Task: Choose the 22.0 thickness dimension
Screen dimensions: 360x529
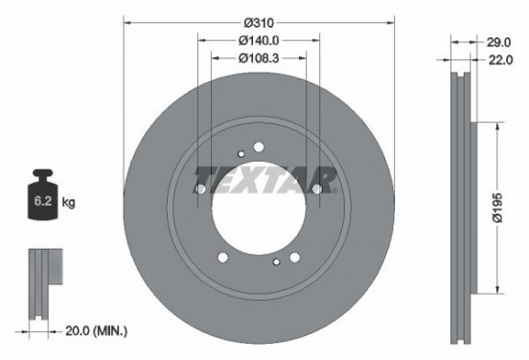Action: click(x=494, y=60)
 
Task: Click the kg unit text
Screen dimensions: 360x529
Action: click(x=69, y=204)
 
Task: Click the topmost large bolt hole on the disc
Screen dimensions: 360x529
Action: click(x=259, y=146)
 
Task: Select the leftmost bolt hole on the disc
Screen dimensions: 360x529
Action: click(x=199, y=190)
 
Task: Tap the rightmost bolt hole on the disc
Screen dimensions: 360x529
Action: click(x=317, y=190)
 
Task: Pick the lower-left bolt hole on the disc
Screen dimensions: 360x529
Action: click(x=222, y=256)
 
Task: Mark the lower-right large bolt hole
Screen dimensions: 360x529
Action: click(x=295, y=256)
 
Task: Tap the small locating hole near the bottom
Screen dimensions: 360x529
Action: click(x=276, y=261)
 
